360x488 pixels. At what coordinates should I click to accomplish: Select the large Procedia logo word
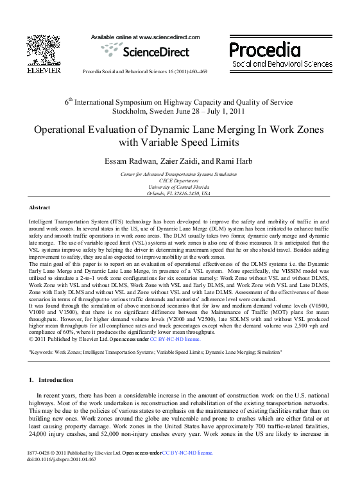coord(264,50)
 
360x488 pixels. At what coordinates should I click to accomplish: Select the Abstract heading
coord(40,207)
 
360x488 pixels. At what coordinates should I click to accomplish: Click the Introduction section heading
coord(55,379)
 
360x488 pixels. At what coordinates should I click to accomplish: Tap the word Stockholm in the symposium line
coord(131,110)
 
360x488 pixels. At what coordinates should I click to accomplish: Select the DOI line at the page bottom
coord(62,460)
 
